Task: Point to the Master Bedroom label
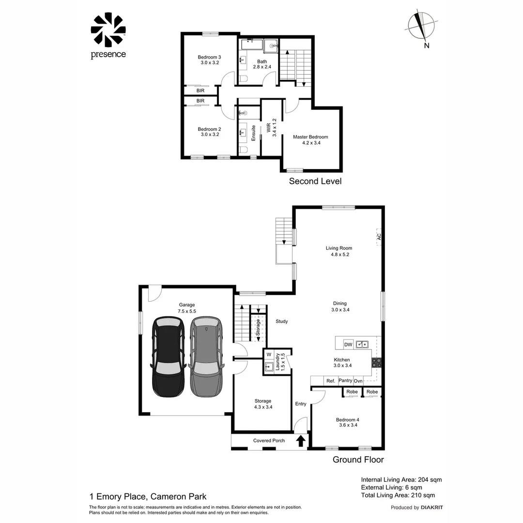(x=310, y=137)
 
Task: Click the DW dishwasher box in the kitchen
(x=348, y=344)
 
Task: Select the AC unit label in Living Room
(x=379, y=237)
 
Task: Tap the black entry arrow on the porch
(x=300, y=441)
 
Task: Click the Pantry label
(x=345, y=381)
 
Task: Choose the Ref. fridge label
(x=331, y=381)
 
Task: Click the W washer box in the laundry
(x=269, y=354)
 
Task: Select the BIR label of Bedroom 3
(x=200, y=91)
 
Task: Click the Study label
(x=282, y=321)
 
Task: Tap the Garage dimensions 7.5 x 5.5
(x=186, y=311)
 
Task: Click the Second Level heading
(x=315, y=181)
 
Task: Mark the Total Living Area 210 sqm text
(x=398, y=495)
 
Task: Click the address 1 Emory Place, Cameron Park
(x=148, y=496)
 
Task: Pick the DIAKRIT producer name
(x=432, y=508)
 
